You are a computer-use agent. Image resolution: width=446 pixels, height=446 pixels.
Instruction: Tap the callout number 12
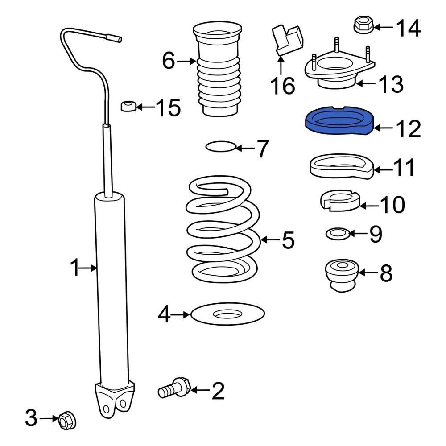click(x=408, y=129)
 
